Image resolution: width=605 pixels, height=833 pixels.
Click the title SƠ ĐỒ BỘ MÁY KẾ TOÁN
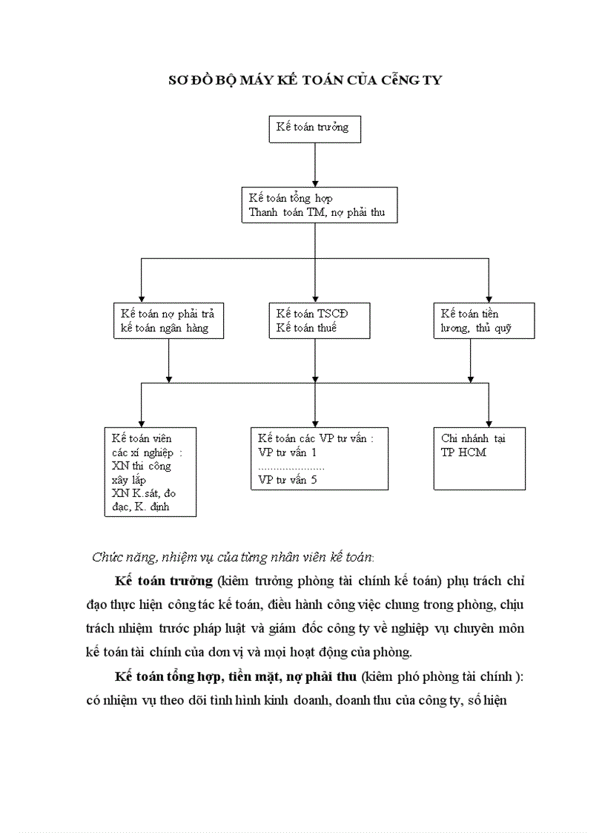point(305,80)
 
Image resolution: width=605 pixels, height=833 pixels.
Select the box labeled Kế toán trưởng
point(315,128)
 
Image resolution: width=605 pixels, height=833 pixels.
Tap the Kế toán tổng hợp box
point(320,205)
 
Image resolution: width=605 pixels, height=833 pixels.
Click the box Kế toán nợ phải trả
point(168,320)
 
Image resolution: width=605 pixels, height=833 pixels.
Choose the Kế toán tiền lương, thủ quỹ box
point(483,320)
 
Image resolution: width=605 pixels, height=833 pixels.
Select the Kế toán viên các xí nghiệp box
point(150,471)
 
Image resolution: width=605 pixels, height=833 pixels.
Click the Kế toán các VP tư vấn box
point(319,458)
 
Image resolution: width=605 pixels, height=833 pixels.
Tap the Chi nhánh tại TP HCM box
point(479,458)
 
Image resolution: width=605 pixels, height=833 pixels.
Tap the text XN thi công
point(141,466)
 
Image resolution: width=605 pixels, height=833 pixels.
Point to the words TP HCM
point(463,452)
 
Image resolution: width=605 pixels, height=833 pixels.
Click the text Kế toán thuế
point(306,328)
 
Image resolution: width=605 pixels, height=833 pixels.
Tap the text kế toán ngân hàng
point(164,328)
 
